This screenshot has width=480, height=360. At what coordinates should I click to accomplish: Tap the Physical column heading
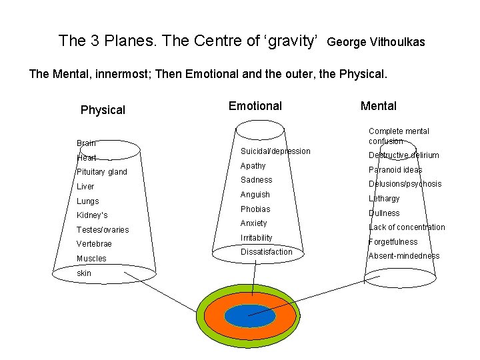pyautogui.click(x=103, y=110)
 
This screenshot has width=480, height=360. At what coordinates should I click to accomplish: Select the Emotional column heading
pyautogui.click(x=255, y=105)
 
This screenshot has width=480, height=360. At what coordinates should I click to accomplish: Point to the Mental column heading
pyautogui.click(x=378, y=105)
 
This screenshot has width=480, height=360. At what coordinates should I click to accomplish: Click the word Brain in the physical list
pyautogui.click(x=86, y=143)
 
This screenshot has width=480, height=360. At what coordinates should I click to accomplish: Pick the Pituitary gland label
pyautogui.click(x=101, y=172)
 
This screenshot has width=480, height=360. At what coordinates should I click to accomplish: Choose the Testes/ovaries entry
pyautogui.click(x=103, y=230)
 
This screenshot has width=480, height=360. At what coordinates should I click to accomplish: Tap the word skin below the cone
pyautogui.click(x=84, y=273)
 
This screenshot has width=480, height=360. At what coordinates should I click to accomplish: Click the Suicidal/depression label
pyautogui.click(x=275, y=151)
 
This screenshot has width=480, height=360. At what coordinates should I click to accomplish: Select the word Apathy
pyautogui.click(x=253, y=166)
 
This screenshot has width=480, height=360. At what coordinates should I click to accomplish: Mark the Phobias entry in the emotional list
pyautogui.click(x=255, y=209)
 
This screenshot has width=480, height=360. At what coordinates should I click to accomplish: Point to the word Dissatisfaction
pyautogui.click(x=266, y=252)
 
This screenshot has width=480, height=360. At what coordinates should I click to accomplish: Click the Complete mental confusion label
pyautogui.click(x=399, y=136)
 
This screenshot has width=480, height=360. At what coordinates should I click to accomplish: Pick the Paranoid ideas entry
pyautogui.click(x=395, y=170)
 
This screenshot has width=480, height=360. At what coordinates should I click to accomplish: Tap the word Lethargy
pyautogui.click(x=384, y=199)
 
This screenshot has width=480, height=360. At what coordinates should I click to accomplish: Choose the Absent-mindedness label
pyautogui.click(x=404, y=256)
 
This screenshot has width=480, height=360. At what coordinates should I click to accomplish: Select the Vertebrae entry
pyautogui.click(x=94, y=244)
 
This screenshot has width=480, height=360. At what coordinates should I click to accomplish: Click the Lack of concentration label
pyautogui.click(x=407, y=227)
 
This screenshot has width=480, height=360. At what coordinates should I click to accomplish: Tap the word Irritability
pyautogui.click(x=256, y=238)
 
